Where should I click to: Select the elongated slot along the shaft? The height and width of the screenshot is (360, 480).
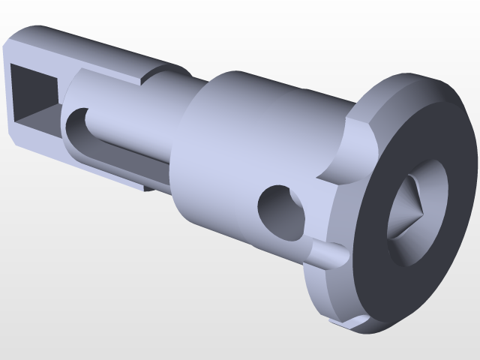click(112, 146)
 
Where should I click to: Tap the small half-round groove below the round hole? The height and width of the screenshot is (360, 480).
click(326, 253)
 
